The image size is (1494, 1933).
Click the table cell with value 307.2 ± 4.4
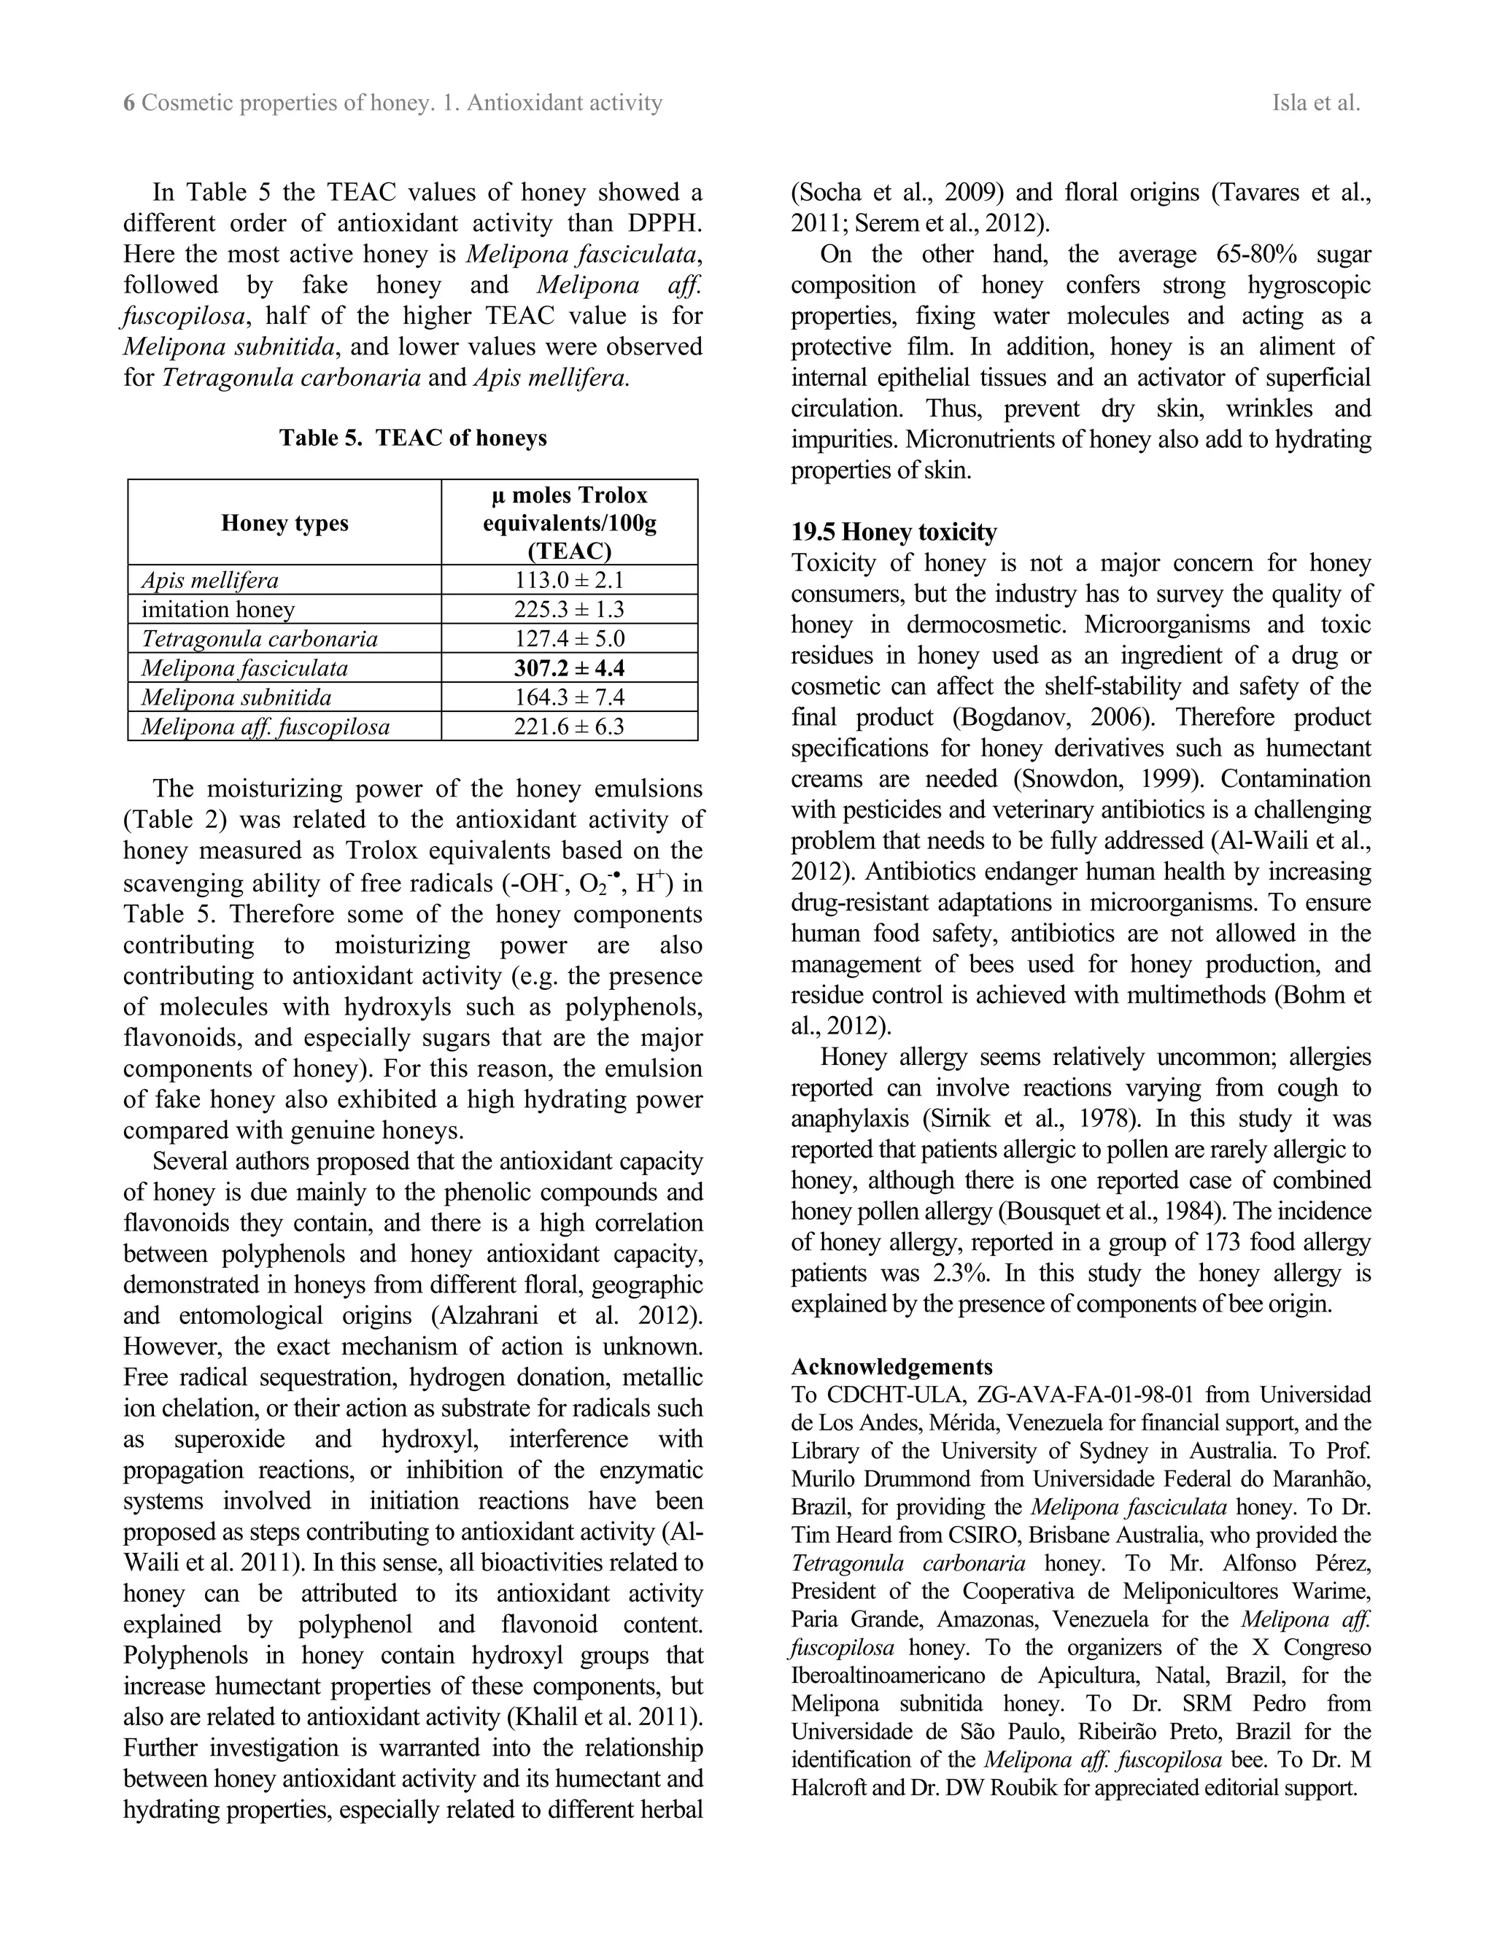[x=569, y=668]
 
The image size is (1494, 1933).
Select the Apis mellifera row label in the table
[x=210, y=581]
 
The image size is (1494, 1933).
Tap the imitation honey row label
[x=217, y=610]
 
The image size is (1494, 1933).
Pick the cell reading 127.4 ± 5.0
[x=569, y=639]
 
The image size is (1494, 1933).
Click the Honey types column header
[x=284, y=523]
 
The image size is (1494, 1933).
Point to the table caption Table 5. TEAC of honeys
[x=412, y=438]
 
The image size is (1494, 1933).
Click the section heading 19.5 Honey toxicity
[x=893, y=532]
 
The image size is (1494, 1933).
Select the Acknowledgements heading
[x=891, y=1366]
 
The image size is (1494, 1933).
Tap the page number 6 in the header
[x=128, y=104]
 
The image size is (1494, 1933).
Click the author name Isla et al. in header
[x=1315, y=104]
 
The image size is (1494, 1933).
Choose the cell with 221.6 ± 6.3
[x=569, y=727]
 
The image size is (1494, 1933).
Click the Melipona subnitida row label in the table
[x=236, y=697]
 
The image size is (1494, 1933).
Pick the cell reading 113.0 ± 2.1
[x=569, y=581]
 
